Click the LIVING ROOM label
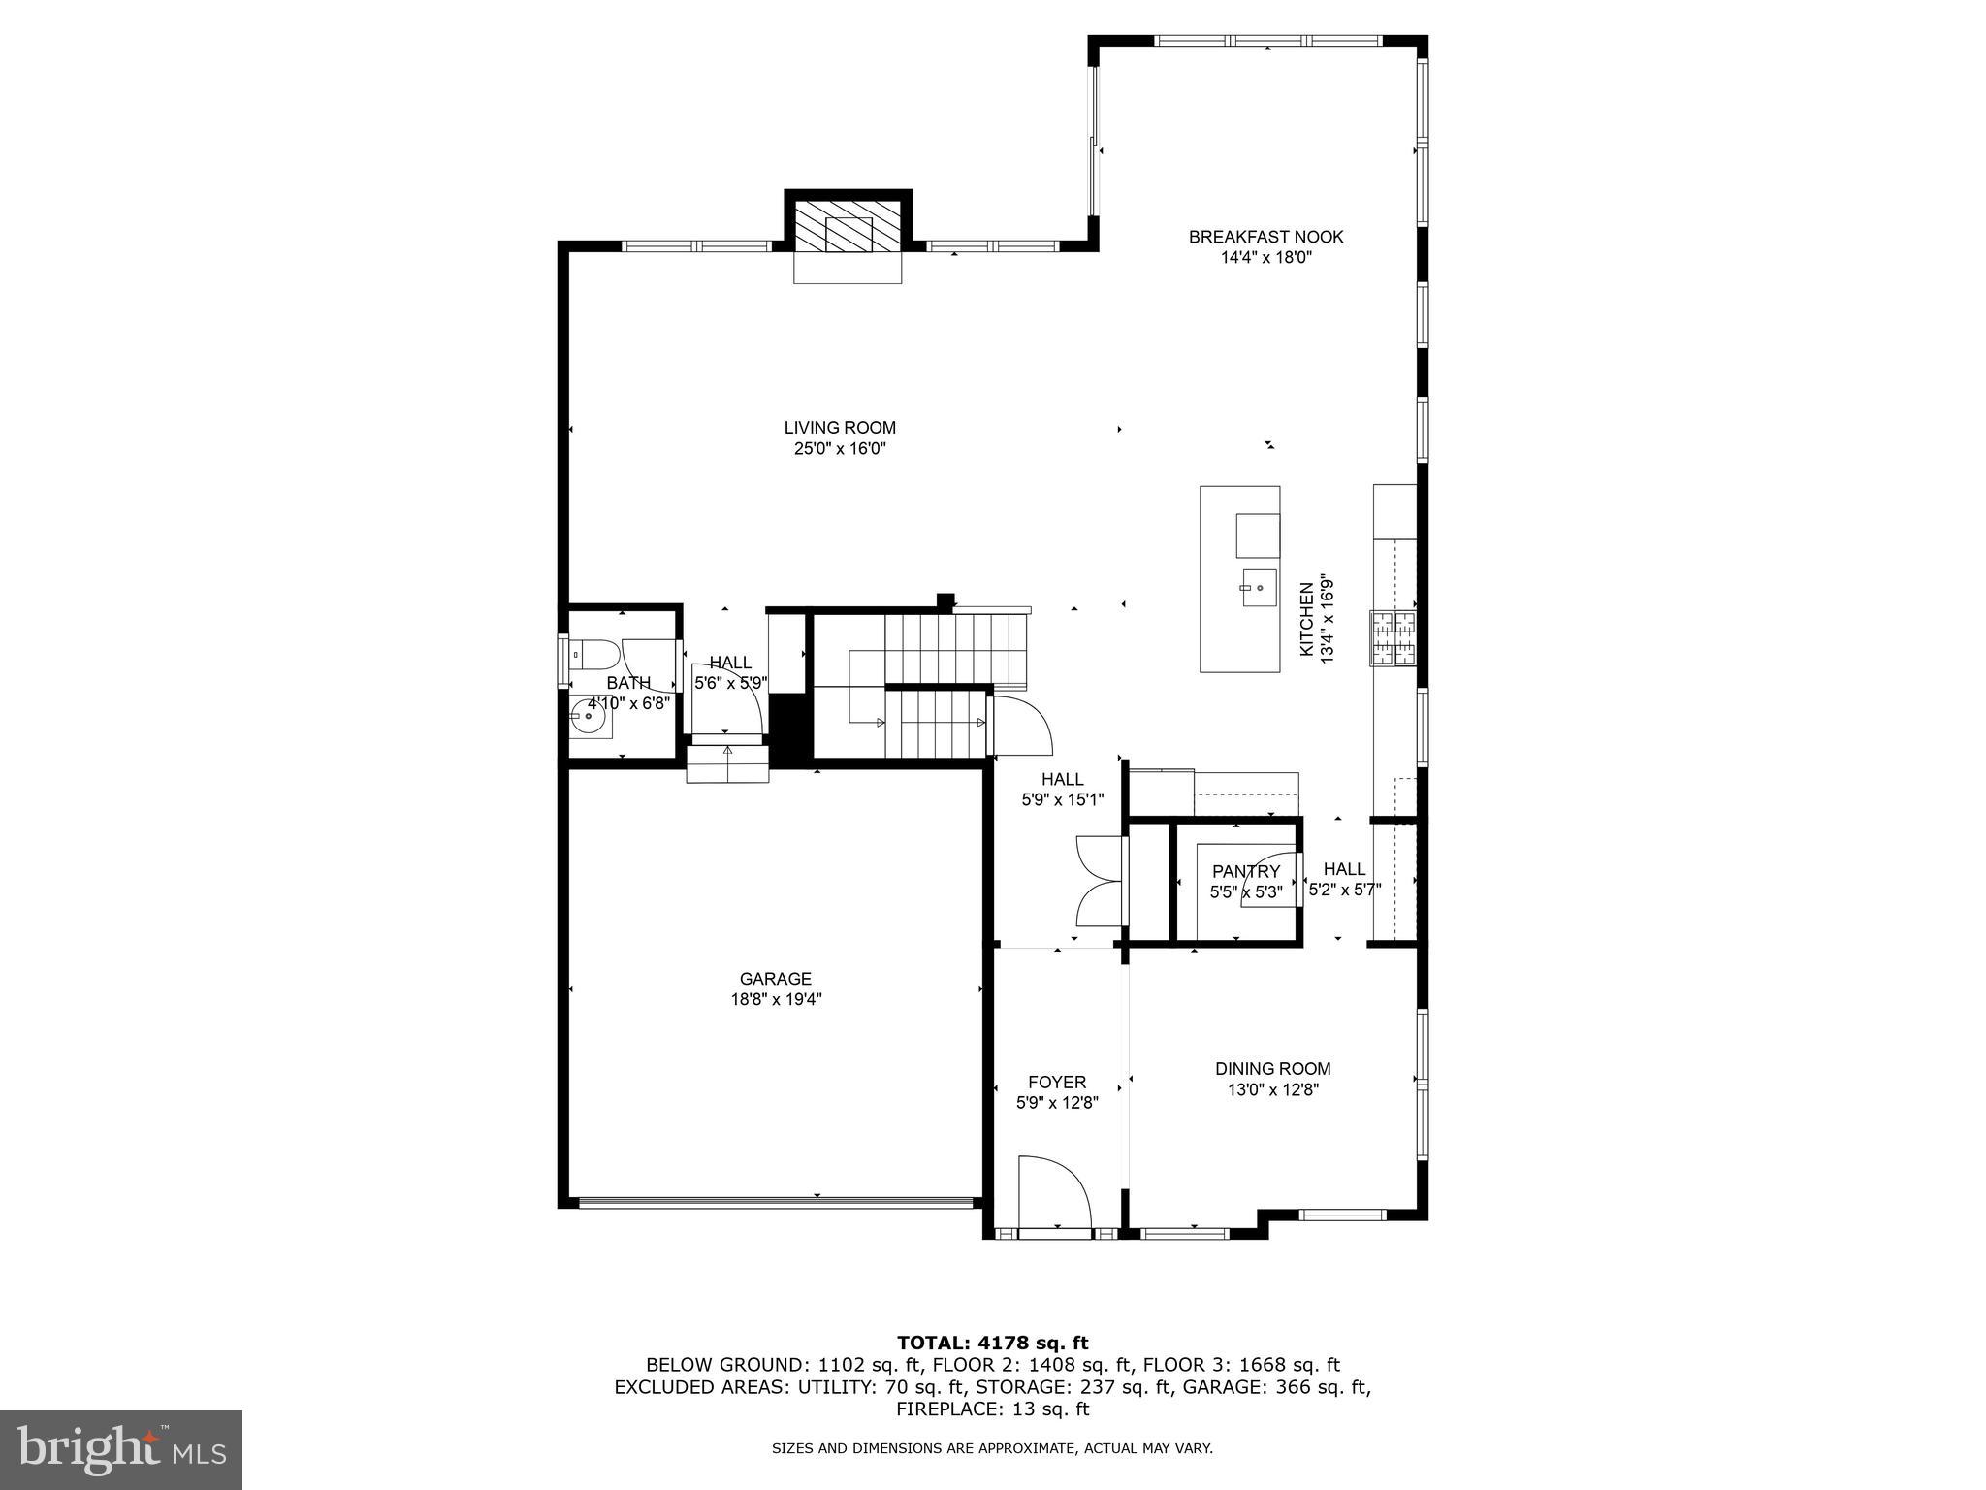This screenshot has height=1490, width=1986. pos(839,427)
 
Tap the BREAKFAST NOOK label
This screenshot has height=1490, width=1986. pos(1265,237)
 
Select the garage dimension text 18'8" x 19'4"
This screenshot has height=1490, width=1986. pos(776,1000)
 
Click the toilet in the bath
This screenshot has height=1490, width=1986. pos(590,657)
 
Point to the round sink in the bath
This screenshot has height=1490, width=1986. pos(588,719)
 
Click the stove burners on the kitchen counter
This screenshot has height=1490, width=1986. pos(1393,638)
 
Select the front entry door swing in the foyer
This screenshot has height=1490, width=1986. pos(1055,1193)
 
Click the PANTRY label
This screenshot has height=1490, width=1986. pos(1245,871)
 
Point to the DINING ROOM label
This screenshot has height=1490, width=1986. pos(1272,1068)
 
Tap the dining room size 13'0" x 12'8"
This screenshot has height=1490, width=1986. pos(1272,1089)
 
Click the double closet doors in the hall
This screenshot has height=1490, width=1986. pos(1100,881)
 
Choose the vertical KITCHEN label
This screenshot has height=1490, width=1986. pos(1306,619)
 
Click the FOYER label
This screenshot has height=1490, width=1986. pos(1056,1082)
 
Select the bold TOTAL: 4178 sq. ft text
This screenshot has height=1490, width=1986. pos(992,1343)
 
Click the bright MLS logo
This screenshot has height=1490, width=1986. pos(121,1449)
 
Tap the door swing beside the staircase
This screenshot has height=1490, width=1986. pos(1022,726)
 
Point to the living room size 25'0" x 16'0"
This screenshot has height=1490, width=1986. pos(839,448)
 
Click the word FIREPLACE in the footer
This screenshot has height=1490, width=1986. pos(948,1409)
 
